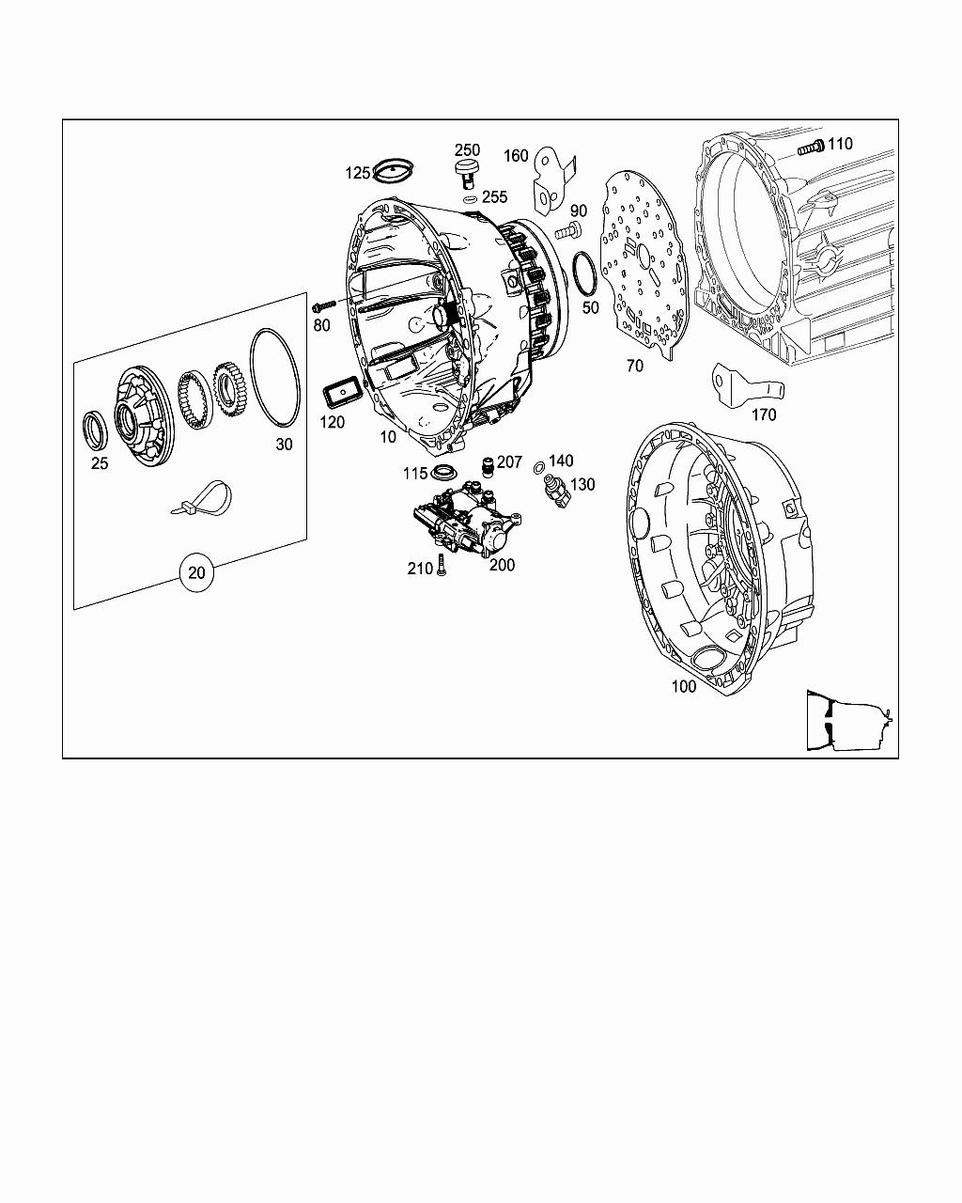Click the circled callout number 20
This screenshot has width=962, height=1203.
coord(196,572)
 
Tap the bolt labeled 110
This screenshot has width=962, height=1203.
coord(811,148)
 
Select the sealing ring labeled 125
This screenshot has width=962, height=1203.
coord(394,170)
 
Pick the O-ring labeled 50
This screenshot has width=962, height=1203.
coord(584,273)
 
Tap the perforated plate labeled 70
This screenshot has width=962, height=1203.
coord(644,263)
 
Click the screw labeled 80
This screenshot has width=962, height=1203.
coord(324,305)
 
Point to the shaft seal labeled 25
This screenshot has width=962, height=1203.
coord(95,430)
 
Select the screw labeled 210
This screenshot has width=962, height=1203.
coord(441,565)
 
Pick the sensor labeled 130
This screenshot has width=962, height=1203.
coord(556,492)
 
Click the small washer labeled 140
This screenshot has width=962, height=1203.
coord(539,468)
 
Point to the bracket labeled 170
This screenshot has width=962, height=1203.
coord(747,385)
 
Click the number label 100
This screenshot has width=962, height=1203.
coord(684,686)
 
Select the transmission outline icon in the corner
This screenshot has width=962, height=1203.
coord(849,720)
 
